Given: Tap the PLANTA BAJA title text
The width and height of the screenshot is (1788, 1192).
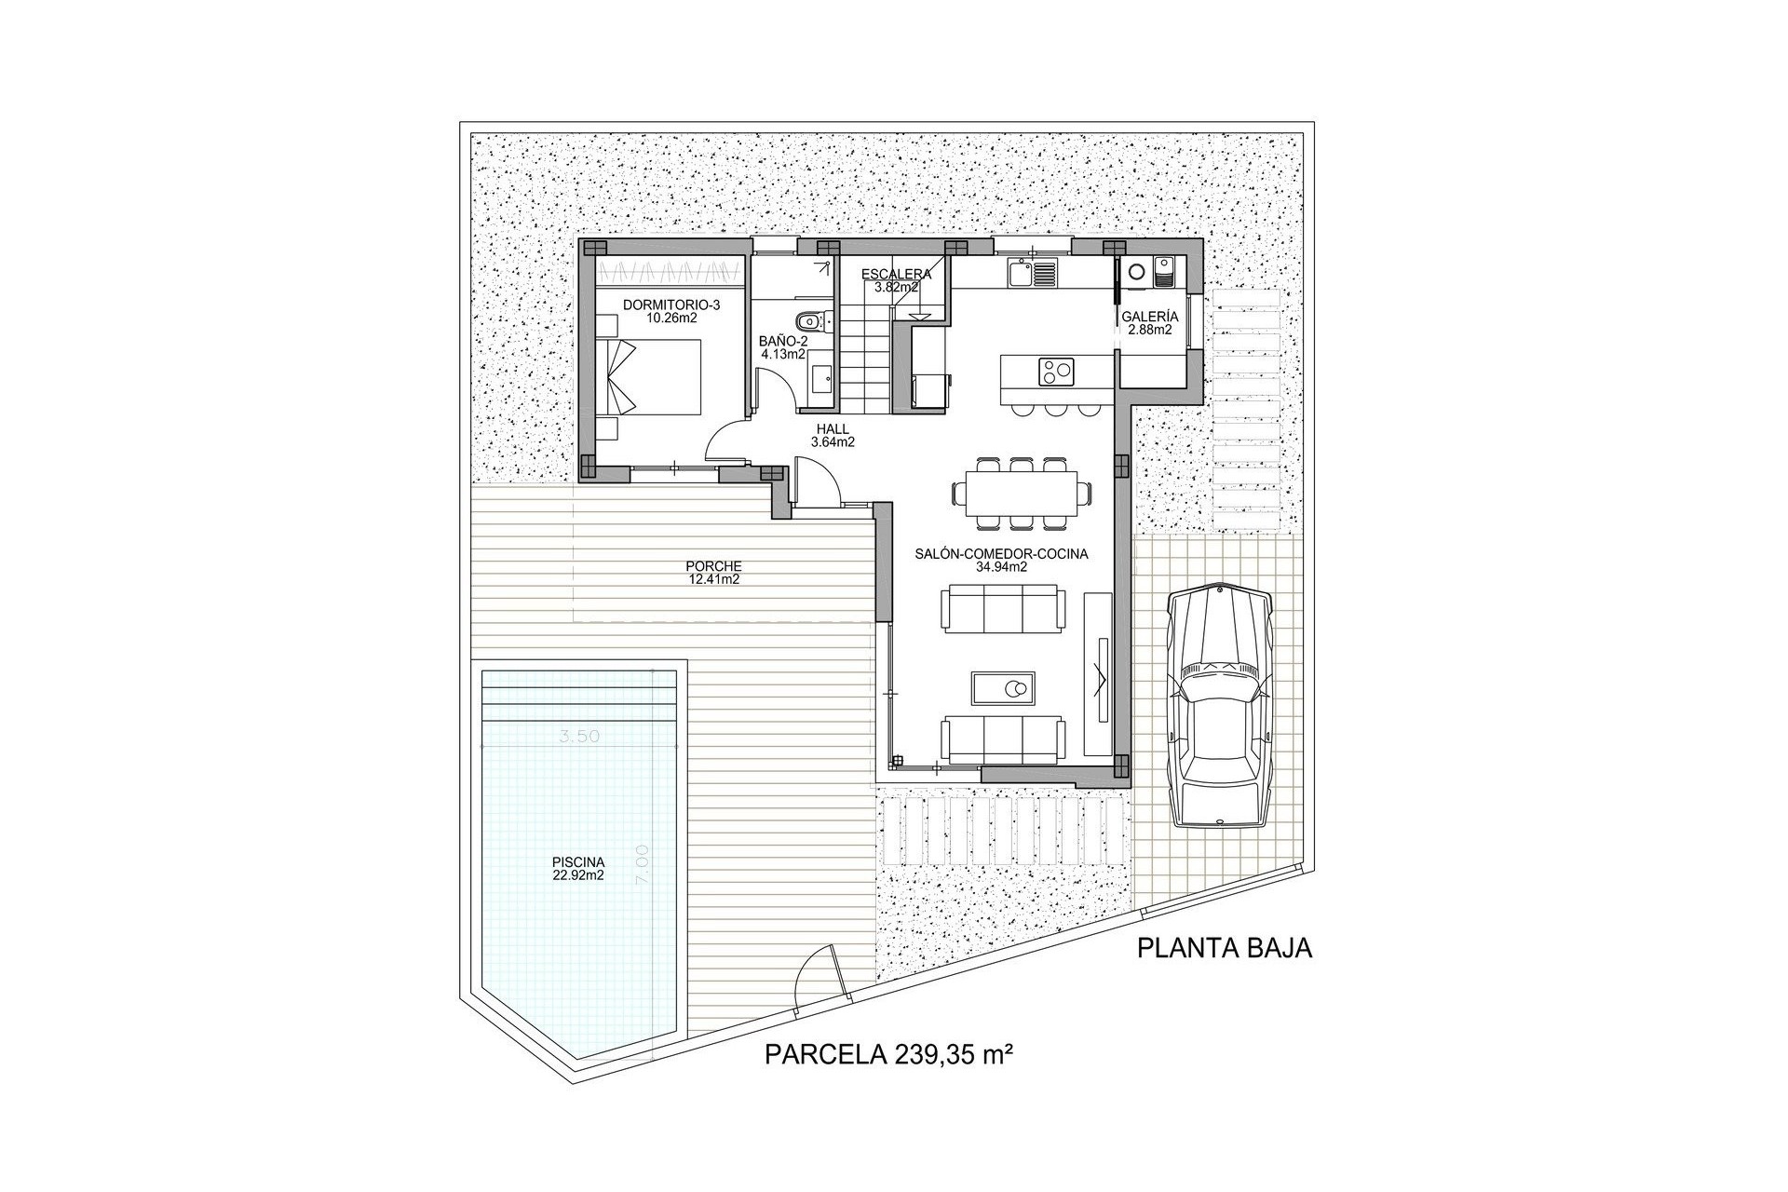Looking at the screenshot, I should pyautogui.click(x=1225, y=949).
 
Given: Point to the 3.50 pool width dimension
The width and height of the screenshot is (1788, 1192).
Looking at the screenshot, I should pyautogui.click(x=578, y=736).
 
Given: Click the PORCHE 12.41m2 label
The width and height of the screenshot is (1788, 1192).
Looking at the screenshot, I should pyautogui.click(x=713, y=572).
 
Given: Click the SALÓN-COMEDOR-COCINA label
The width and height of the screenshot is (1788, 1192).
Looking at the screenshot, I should pyautogui.click(x=1002, y=560).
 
